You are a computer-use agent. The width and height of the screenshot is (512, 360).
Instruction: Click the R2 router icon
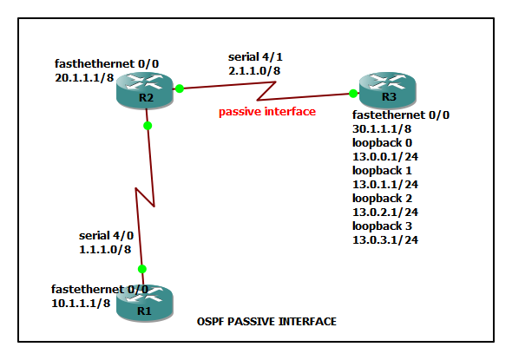tap(146, 91)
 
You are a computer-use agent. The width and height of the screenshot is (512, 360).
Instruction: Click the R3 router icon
tap(388, 89)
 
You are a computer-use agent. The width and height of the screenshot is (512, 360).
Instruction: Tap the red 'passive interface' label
tap(266, 111)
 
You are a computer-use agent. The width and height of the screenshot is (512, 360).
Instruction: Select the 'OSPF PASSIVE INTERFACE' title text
tap(267, 322)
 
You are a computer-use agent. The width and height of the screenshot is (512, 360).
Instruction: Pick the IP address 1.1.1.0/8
tap(105, 249)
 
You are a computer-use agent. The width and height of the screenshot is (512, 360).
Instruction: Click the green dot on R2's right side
tap(179, 88)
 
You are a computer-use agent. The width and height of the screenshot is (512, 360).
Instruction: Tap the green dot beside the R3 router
tap(354, 93)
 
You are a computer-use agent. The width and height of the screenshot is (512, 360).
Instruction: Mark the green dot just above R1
tap(142, 269)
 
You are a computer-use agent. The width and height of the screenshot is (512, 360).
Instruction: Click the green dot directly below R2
tap(148, 126)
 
